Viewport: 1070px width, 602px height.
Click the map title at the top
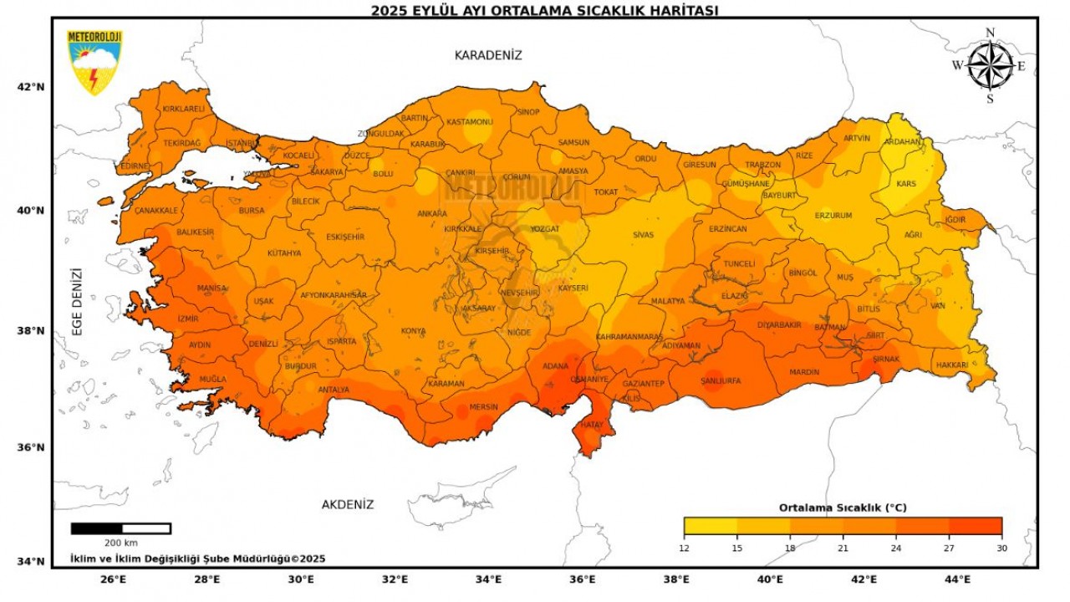coord(544,10)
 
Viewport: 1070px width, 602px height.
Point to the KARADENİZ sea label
coord(488,55)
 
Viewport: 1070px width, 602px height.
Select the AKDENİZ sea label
coord(348,505)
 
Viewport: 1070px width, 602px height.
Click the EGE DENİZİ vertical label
coord(77,302)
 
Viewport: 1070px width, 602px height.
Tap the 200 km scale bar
coord(121,528)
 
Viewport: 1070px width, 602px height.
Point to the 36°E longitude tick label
coord(583,579)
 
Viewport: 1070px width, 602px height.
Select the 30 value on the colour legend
coord(1001,548)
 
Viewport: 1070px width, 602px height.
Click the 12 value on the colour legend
coord(684,548)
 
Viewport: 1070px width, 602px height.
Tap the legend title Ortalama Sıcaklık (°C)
coord(843,508)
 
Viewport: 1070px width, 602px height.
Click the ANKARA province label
coord(432,213)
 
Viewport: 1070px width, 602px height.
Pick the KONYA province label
coord(413,331)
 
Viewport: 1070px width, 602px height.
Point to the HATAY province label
coord(591,425)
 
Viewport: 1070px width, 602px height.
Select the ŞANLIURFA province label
coord(721,381)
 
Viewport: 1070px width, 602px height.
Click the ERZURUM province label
coord(833,216)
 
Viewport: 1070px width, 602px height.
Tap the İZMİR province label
coord(189,319)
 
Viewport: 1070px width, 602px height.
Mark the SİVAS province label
coord(643,235)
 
